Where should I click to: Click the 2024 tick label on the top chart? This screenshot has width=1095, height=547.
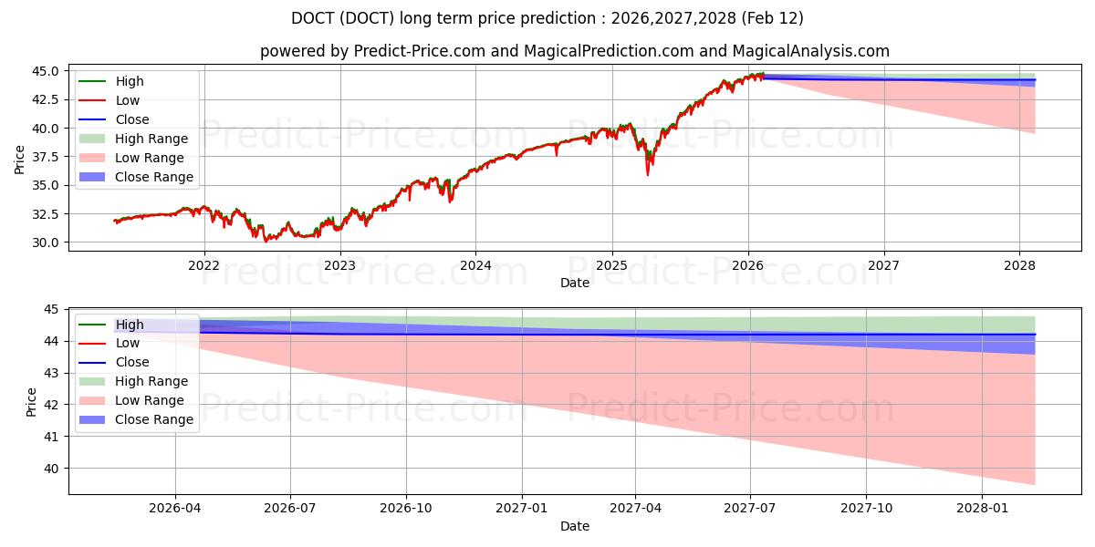475,265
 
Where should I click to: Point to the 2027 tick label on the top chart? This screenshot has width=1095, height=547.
883,265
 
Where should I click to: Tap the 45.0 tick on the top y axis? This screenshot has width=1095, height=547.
48,71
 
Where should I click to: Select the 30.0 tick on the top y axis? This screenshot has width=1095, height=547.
48,243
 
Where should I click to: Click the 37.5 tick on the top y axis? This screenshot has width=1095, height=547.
48,157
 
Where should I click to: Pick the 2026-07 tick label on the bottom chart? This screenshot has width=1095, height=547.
290,508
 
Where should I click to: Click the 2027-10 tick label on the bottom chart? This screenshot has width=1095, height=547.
867,508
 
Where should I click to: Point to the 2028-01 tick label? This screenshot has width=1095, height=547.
983,508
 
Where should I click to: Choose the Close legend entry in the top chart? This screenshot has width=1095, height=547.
132,119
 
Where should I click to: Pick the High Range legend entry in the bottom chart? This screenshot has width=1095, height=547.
151,381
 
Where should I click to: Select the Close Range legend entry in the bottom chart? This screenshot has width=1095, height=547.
154,419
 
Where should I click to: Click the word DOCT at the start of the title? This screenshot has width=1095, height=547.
311,18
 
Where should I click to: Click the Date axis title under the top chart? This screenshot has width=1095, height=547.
575,283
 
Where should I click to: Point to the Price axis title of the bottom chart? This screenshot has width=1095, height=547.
32,402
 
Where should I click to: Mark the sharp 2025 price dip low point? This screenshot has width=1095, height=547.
648,173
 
